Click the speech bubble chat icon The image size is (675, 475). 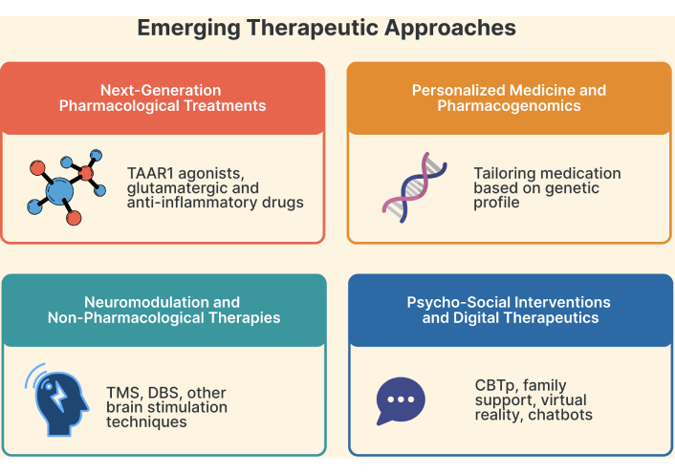coord(401,400)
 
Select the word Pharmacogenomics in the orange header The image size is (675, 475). coord(509,106)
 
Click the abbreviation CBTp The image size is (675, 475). coord(494,386)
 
